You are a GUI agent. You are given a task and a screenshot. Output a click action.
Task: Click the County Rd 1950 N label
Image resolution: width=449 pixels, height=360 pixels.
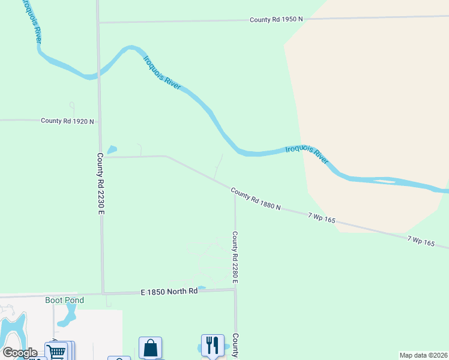click(276, 20)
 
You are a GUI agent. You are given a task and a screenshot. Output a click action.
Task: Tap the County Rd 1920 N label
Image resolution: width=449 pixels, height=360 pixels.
click(67, 121)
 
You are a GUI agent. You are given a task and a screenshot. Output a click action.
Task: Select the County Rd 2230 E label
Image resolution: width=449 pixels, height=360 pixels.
click(101, 184)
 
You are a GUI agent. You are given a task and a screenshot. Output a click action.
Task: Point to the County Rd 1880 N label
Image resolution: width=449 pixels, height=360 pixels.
click(256, 199)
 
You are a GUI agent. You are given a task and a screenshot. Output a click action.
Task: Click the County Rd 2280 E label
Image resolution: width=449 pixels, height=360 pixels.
click(235, 257)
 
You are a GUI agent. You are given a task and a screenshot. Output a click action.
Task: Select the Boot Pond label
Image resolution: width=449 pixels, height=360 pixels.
click(64, 300)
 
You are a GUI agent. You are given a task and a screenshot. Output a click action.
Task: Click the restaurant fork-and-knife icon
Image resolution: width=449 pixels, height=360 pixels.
click(212, 345)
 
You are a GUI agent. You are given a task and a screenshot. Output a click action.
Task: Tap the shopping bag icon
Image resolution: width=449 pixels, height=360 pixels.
click(150, 347)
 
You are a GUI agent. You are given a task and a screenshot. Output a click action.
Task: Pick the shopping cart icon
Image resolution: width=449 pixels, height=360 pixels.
click(56, 352)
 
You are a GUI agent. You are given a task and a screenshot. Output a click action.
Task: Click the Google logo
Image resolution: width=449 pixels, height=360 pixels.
click(20, 353)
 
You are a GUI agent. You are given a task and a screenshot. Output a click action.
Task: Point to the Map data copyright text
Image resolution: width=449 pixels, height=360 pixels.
click(423, 355)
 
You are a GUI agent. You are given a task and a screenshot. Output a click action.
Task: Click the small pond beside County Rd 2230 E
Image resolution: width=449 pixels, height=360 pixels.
click(112, 149)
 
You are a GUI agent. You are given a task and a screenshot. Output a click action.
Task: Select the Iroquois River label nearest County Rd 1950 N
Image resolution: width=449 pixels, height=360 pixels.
click(162, 73)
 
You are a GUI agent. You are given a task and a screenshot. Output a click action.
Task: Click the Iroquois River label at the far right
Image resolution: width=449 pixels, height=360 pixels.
click(307, 154)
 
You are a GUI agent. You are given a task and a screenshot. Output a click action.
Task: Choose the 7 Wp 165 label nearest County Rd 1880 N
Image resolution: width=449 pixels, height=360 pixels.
click(321, 217)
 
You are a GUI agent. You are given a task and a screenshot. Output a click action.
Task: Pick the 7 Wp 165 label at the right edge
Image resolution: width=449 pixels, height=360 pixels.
click(421, 241)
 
